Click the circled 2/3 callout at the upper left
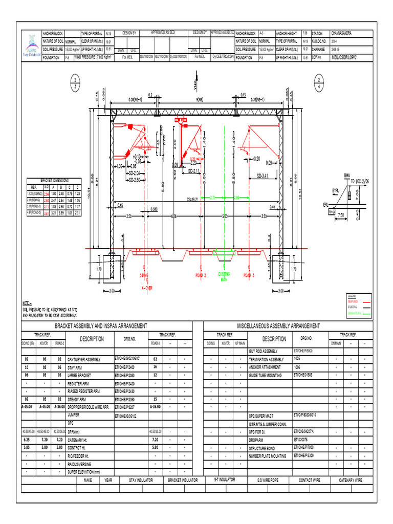[x=75, y=82]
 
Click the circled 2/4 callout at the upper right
[x=320, y=82]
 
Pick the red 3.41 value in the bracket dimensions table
[x=47, y=213]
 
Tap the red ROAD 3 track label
[x=249, y=275]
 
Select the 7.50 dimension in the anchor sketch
[x=341, y=216]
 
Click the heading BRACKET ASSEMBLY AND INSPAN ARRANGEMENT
[x=101, y=326]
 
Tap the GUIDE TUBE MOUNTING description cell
[x=266, y=375]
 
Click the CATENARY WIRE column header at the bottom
[x=351, y=480]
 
